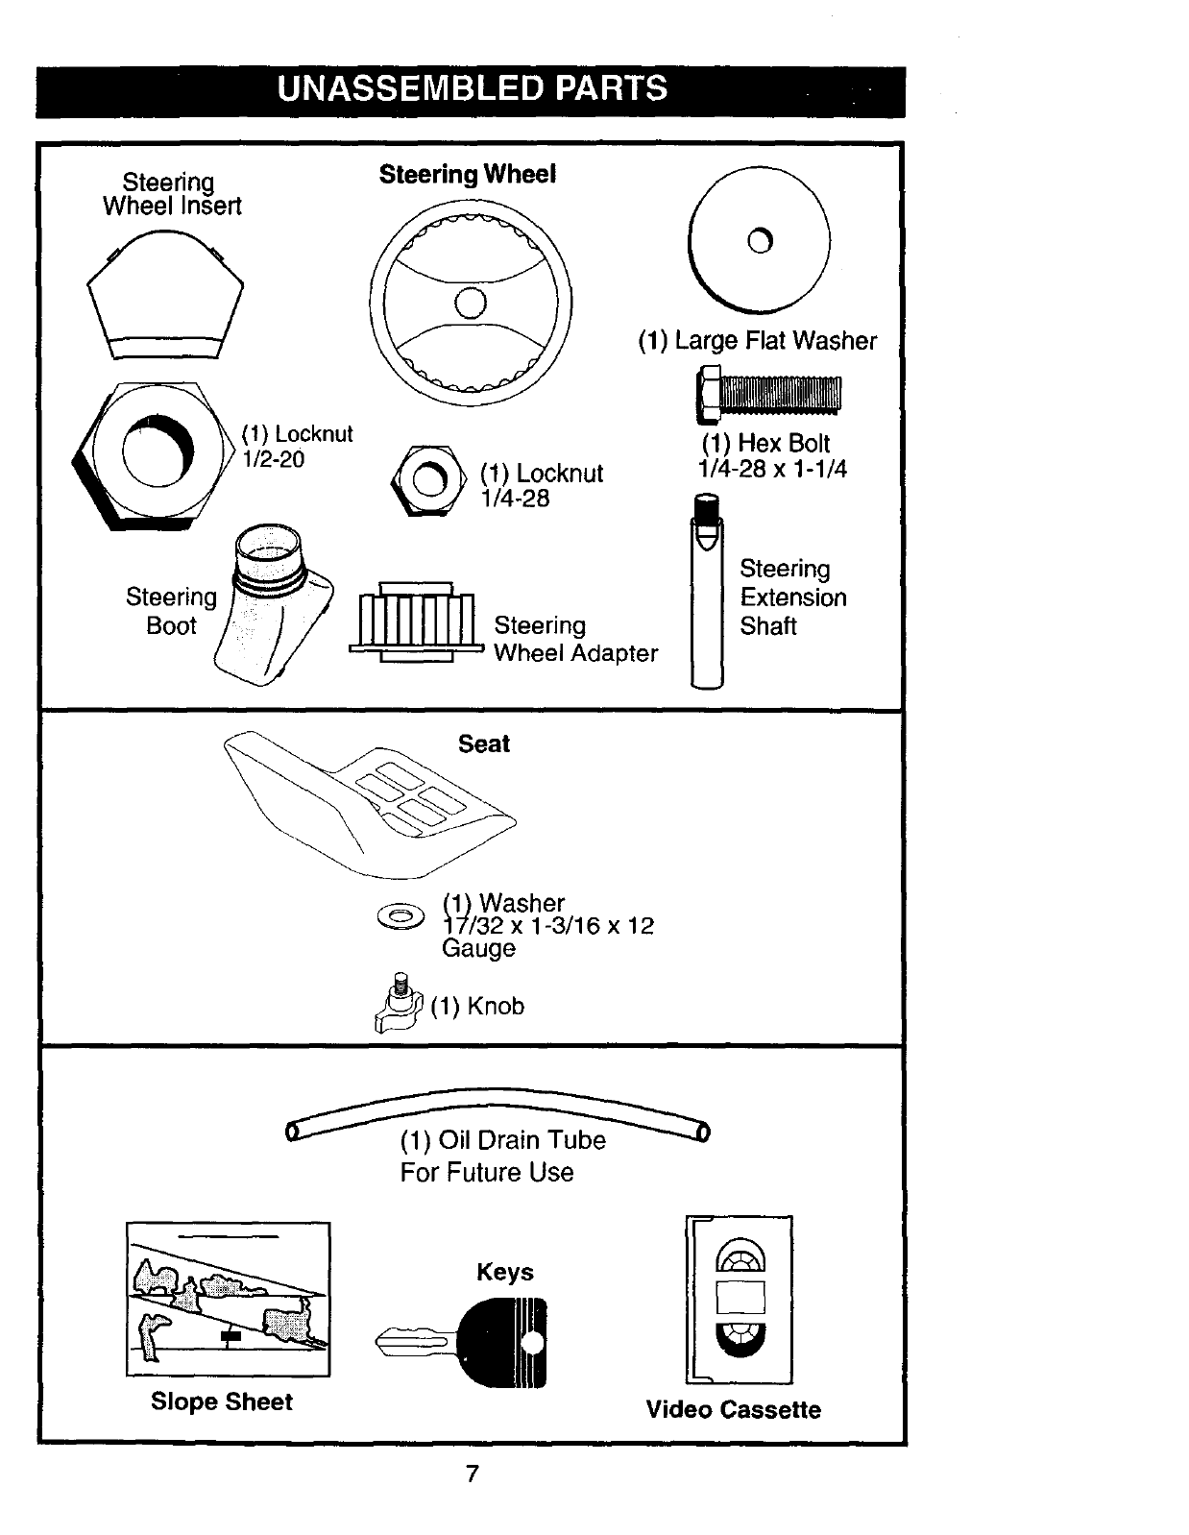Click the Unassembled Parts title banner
471,88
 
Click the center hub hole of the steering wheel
471,304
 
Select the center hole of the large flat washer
760,240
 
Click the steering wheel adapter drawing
415,622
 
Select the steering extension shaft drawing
707,596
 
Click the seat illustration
370,797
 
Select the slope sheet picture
229,1299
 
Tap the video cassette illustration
740,1299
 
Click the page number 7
472,1474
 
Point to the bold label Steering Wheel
467,174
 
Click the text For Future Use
487,1173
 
